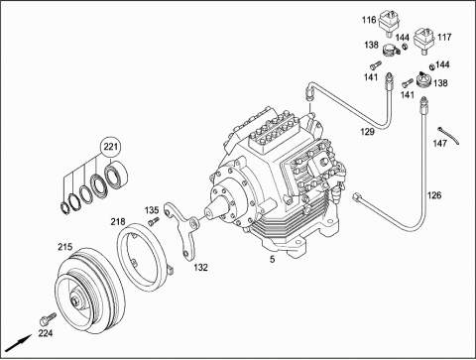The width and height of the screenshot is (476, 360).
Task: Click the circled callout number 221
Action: point(111,146)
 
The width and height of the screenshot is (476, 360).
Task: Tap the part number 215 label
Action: point(65,247)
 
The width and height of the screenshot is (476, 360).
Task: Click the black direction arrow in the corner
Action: point(19,343)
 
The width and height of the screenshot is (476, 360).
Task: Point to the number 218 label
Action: point(118,222)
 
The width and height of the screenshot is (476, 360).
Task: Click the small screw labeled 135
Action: point(153,221)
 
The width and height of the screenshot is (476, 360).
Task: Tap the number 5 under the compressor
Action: point(272,260)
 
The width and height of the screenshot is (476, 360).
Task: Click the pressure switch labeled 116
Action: point(390,23)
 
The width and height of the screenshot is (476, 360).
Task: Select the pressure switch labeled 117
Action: point(423,41)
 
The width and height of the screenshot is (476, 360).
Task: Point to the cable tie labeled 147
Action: point(449,135)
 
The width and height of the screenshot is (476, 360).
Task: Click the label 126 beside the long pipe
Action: point(434,195)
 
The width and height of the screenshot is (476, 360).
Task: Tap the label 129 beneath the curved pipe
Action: point(367,132)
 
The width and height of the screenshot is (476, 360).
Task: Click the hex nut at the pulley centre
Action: point(75,300)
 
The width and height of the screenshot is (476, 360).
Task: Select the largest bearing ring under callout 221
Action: point(116,175)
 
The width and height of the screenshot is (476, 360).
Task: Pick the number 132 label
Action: point(200,267)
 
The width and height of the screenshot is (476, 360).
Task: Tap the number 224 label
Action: point(46,333)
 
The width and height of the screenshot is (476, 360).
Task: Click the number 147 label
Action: point(440,144)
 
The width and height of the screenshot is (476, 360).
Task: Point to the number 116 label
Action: point(369,20)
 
